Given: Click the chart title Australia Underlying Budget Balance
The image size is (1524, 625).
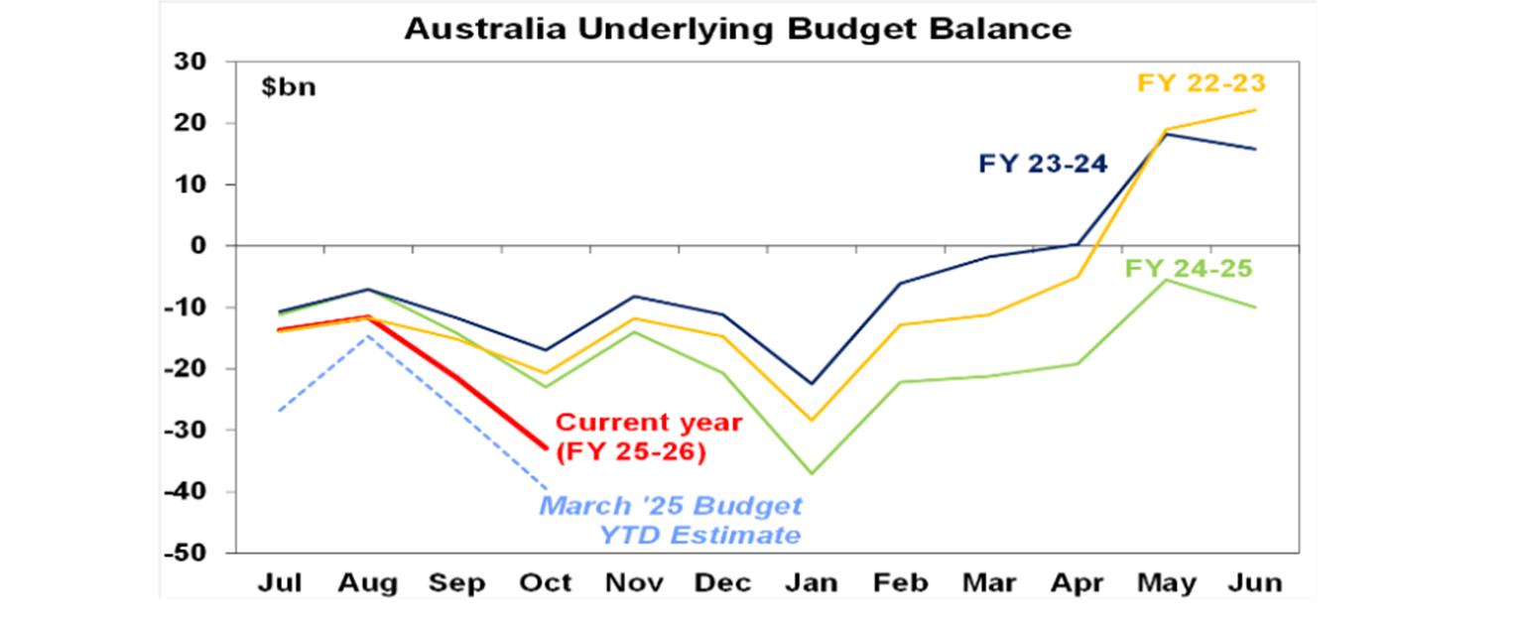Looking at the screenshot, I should pos(737,29).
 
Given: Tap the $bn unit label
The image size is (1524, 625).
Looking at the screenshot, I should pos(289,86).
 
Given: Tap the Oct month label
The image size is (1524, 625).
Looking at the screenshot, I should pos(546,582).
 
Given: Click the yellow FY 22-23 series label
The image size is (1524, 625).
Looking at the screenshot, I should pos(1201,83).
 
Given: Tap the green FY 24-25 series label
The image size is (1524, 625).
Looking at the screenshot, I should pos(1189,268).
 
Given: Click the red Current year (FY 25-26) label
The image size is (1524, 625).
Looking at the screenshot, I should pos(648,437).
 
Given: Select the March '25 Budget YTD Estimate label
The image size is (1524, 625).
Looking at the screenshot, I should pos(671,520).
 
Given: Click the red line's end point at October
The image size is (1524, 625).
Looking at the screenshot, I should pos(547,447).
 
